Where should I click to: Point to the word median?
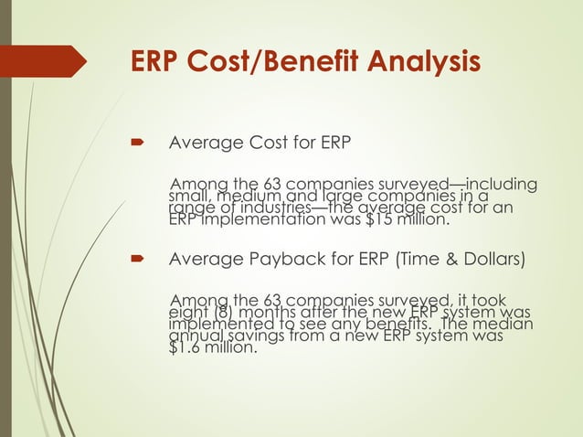point(506,324)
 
